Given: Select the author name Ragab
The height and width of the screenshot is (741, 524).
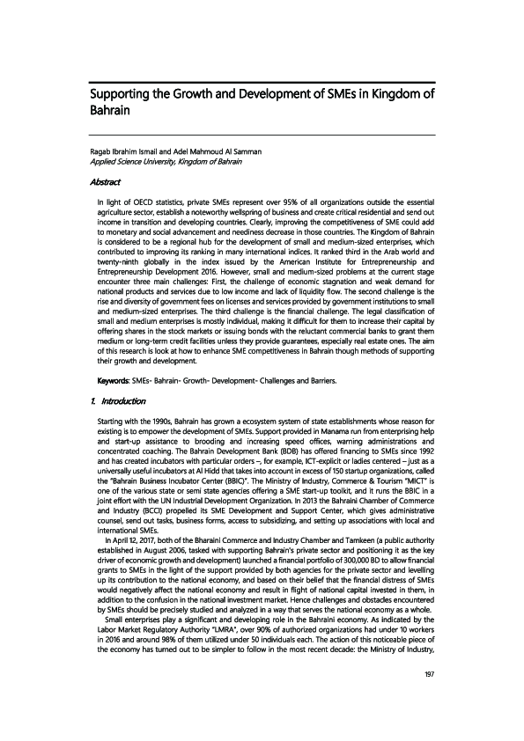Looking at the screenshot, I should pos(105,152).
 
